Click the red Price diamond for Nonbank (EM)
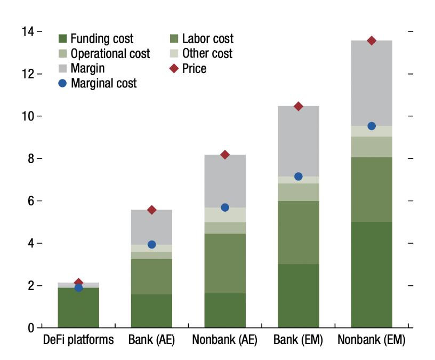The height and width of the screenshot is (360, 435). point(372,41)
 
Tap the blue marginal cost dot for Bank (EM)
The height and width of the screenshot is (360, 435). point(299,177)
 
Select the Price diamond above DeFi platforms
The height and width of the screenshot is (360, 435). point(78,283)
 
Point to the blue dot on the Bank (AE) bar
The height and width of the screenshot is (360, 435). point(151,244)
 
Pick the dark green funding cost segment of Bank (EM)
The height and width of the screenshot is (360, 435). point(299,295)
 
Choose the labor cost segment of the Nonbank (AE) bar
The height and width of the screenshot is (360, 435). point(225,263)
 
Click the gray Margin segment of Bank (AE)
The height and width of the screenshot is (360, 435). point(151,227)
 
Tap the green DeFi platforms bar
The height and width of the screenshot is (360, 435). point(78,307)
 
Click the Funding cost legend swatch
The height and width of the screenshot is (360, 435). point(63,39)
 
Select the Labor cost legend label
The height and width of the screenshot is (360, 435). point(207,39)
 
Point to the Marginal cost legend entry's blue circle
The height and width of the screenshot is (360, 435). point(63,83)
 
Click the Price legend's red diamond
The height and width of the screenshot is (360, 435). point(173,68)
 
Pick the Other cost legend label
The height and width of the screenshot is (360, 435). point(207,53)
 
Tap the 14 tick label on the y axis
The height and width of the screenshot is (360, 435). point(28,32)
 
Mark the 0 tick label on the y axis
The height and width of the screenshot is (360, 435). point(31,328)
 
